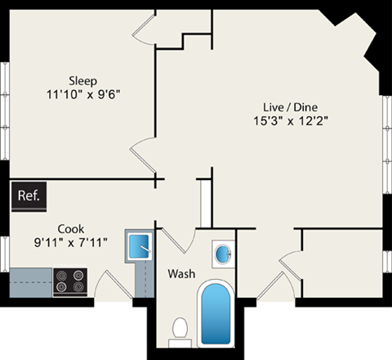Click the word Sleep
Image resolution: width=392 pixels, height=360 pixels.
(x=82, y=80)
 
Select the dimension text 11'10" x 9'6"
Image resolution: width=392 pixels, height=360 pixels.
(x=82, y=94)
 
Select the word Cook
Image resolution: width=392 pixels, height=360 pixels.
(x=70, y=228)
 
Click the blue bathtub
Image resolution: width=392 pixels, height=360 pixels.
(x=216, y=314)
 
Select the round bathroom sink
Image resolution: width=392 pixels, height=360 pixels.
(x=223, y=254)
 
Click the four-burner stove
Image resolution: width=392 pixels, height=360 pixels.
(x=71, y=282)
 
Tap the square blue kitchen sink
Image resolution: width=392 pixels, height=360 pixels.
(x=138, y=244)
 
